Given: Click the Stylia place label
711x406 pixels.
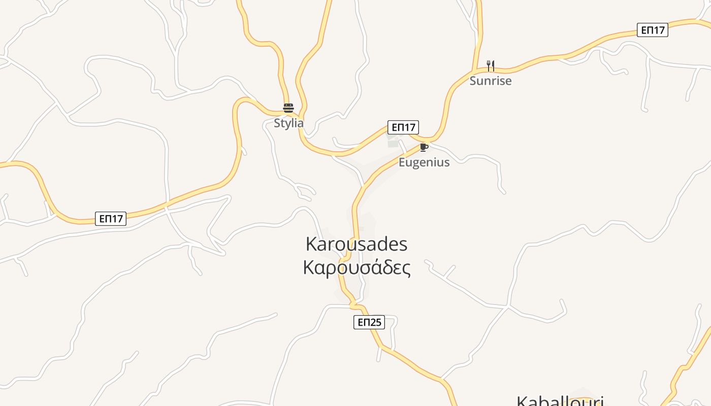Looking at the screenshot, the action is [x=288, y=123].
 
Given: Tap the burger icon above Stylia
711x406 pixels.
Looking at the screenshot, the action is [x=288, y=108].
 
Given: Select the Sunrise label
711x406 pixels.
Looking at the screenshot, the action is [x=490, y=81].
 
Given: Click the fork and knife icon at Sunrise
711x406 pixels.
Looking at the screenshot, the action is [x=490, y=65].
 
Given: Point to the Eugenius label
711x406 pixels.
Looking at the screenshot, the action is [x=424, y=162].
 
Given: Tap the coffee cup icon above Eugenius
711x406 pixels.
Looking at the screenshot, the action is [x=424, y=148].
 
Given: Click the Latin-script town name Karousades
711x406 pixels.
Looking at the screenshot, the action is [x=357, y=244].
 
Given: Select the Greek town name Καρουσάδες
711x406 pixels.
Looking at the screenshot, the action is [x=357, y=267].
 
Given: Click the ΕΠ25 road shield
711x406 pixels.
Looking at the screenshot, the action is [x=369, y=322].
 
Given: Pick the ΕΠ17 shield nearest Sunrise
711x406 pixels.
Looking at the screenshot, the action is [x=653, y=30].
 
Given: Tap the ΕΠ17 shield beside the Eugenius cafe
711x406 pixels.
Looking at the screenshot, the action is [x=403, y=127].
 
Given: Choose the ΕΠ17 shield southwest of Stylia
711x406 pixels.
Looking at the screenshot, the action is [x=111, y=219].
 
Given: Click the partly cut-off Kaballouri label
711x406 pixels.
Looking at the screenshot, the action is [x=560, y=401].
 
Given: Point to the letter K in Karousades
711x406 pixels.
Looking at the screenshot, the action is [x=311, y=244].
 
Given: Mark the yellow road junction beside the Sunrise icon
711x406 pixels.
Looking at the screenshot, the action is [x=474, y=71].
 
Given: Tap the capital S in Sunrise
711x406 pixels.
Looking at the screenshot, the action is [x=473, y=81].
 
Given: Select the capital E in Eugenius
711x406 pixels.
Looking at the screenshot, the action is [x=402, y=162].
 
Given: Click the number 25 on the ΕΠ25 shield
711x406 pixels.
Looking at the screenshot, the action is [x=376, y=322].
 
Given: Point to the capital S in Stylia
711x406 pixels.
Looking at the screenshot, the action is [x=277, y=123].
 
